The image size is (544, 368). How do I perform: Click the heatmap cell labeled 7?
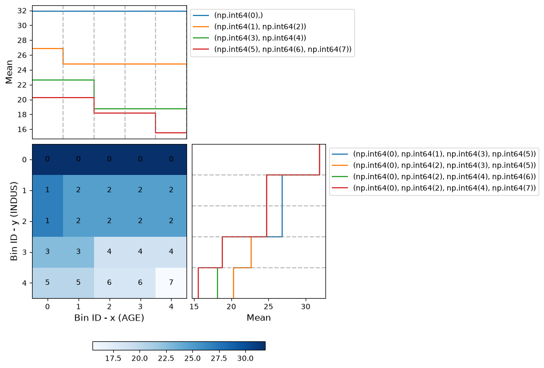coord(171,283)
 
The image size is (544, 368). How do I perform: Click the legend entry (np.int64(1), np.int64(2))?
coord(250,27)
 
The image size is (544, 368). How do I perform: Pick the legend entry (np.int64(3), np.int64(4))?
coord(250,38)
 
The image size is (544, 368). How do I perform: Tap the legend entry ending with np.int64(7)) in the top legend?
coord(273,49)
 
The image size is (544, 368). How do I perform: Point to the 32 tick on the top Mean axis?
coord(22,11)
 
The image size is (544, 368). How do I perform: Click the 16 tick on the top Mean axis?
coord(22,130)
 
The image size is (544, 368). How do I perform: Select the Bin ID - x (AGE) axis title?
coord(109,318)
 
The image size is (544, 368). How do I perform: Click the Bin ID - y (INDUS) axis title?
coord(14,221)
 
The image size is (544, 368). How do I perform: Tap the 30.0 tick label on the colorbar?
coord(245,358)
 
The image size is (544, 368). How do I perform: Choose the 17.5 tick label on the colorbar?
coord(113,358)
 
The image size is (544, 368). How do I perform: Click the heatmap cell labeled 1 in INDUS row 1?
coord(48,190)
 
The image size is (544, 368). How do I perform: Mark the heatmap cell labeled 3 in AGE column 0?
coord(48,252)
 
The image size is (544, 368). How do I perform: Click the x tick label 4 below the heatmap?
coord(171,307)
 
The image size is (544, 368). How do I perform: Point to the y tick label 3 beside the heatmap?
coord(24,252)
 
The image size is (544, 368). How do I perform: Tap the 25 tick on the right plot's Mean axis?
coord(268,307)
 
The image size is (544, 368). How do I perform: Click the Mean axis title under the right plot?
coord(259,318)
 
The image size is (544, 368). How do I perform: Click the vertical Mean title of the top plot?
coord(9,72)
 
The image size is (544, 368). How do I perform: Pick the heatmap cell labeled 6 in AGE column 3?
coord(140,283)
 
